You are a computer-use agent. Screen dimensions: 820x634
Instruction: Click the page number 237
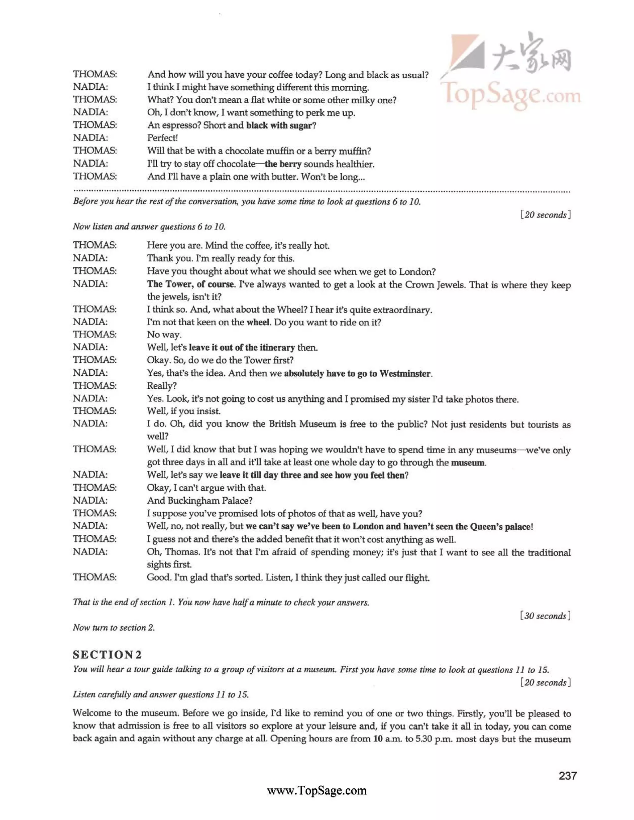567,776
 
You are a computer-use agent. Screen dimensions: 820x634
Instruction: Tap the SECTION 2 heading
107,655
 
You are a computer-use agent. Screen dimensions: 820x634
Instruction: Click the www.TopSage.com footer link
317,791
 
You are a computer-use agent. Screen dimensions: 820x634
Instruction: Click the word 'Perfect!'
162,138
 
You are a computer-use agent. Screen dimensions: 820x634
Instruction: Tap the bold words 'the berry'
283,164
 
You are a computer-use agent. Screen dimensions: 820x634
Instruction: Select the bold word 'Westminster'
405,373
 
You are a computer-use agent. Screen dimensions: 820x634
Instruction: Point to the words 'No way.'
164,334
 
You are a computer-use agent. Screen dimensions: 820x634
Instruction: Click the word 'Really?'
162,386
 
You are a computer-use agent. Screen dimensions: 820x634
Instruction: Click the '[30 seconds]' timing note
545,616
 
